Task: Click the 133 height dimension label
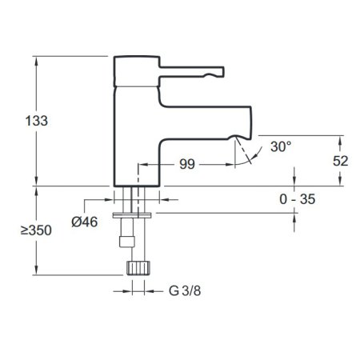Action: [x=37, y=121]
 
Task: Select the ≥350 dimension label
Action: [x=36, y=230]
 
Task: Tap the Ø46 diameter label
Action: [x=85, y=222]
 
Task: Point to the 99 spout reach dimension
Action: [x=187, y=164]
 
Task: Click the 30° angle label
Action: [x=281, y=146]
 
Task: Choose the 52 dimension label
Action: [x=341, y=161]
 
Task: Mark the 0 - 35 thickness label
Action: [x=298, y=199]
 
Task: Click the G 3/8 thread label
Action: [x=185, y=290]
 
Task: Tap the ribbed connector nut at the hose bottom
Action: [x=138, y=268]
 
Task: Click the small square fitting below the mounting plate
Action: [x=127, y=242]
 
